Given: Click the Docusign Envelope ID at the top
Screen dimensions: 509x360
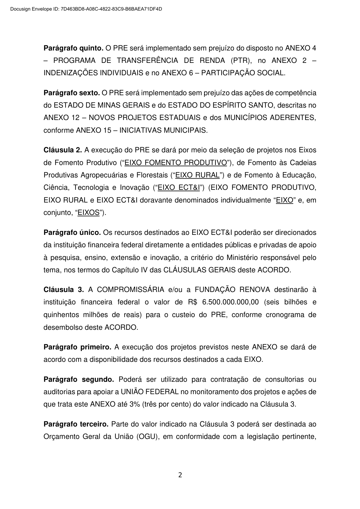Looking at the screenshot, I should click(86, 9).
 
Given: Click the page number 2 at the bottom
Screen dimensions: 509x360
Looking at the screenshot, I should click(180, 475).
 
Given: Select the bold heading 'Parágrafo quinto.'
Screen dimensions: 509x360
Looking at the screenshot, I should click(74, 48).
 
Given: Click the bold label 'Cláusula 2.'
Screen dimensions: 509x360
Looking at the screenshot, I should click(63, 150).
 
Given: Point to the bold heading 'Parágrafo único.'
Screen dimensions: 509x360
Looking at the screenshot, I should click(72, 232).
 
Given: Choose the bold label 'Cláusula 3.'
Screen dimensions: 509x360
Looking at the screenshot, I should click(63, 290).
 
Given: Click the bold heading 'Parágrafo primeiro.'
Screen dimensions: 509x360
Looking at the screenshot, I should click(77, 347).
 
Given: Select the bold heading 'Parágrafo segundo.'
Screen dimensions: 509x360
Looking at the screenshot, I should click(79, 379).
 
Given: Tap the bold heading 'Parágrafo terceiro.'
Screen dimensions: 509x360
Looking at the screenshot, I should click(76, 424).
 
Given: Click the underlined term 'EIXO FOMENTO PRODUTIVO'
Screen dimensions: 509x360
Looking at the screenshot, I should click(176, 163).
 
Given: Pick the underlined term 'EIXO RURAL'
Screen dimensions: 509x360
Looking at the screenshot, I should click(197, 175).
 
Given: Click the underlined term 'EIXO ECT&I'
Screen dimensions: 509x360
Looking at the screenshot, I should click(179, 187).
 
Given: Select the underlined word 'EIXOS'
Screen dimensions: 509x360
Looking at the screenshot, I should click(89, 212).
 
